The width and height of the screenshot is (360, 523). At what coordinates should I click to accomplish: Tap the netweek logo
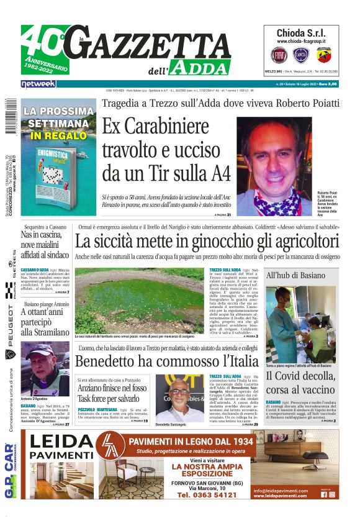(38, 83)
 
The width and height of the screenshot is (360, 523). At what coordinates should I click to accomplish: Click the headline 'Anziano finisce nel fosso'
(112, 388)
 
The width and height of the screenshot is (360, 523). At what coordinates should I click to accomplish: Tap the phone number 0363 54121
(207, 495)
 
